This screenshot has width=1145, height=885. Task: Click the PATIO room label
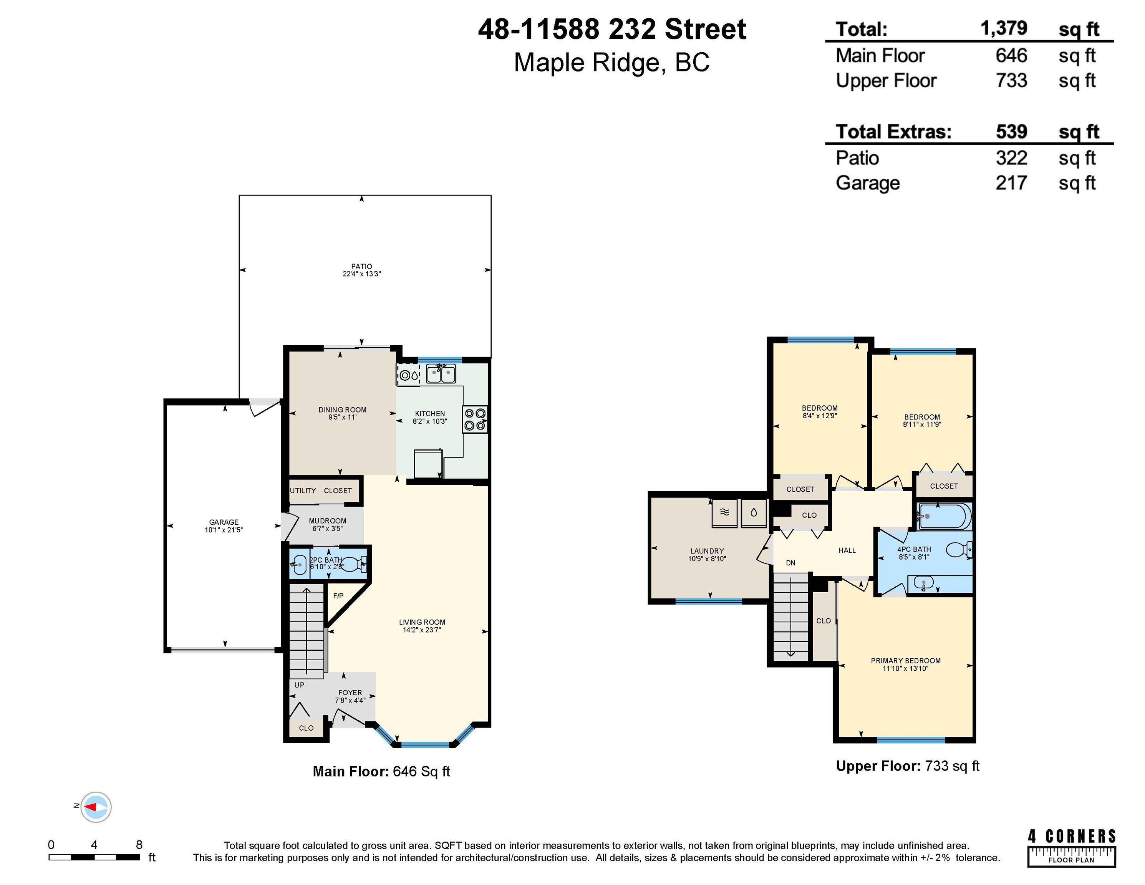click(362, 266)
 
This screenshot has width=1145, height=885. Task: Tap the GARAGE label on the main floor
click(224, 522)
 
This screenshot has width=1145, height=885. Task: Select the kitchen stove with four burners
click(475, 419)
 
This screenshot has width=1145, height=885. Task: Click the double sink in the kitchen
click(441, 374)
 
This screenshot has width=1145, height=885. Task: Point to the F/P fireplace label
click(338, 596)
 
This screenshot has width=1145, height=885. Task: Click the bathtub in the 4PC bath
click(944, 516)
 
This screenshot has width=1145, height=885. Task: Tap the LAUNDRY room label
click(707, 551)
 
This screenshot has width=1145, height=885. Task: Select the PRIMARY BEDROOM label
click(906, 661)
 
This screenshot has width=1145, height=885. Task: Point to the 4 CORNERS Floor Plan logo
click(1072, 848)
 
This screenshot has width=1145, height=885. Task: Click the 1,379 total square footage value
click(1003, 28)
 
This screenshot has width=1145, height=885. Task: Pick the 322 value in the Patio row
click(1011, 158)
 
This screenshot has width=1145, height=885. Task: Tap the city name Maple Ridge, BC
click(611, 62)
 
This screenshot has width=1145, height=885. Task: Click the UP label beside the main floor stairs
click(299, 685)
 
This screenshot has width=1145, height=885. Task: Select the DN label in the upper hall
click(790, 563)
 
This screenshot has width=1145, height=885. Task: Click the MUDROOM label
click(328, 520)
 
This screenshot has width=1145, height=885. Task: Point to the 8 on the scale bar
click(139, 845)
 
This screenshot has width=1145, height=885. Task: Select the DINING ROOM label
click(342, 410)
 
